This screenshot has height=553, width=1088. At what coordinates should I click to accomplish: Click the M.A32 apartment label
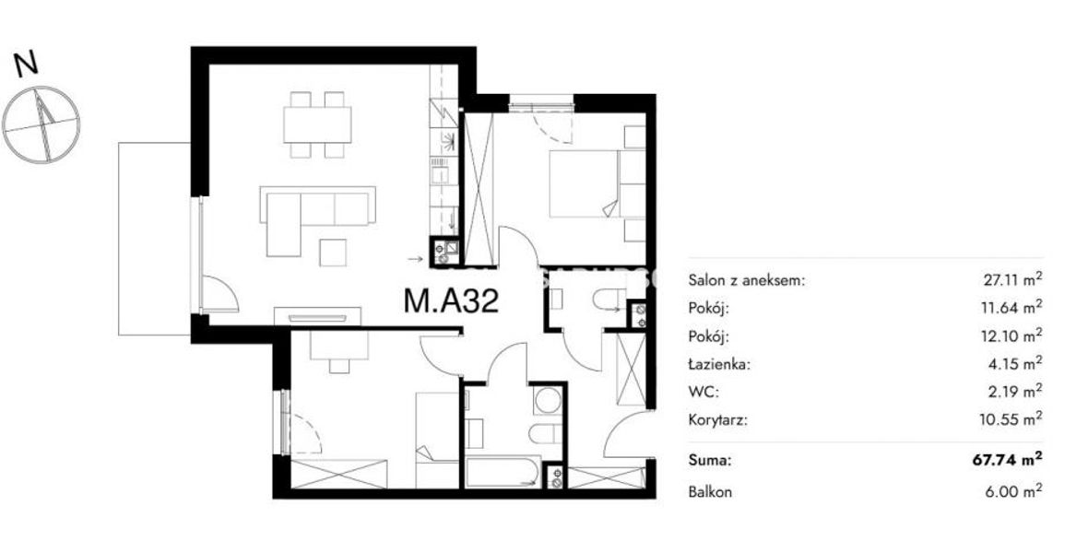point(451,301)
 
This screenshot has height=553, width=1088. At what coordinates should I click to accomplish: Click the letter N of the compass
point(27,64)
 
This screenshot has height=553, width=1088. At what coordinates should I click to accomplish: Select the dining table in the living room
point(317,125)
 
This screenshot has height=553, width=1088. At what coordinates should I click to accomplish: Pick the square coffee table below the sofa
point(333,252)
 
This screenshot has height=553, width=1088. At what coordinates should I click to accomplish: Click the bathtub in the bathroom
point(503,472)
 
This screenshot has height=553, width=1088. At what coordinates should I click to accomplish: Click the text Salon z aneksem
point(747,281)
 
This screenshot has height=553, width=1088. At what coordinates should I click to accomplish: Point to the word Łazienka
point(719,363)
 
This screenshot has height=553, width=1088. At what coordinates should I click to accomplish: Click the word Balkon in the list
point(710,493)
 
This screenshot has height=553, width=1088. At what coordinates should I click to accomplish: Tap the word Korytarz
point(718,419)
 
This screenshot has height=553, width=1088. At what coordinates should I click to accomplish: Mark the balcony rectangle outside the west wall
point(154,239)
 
